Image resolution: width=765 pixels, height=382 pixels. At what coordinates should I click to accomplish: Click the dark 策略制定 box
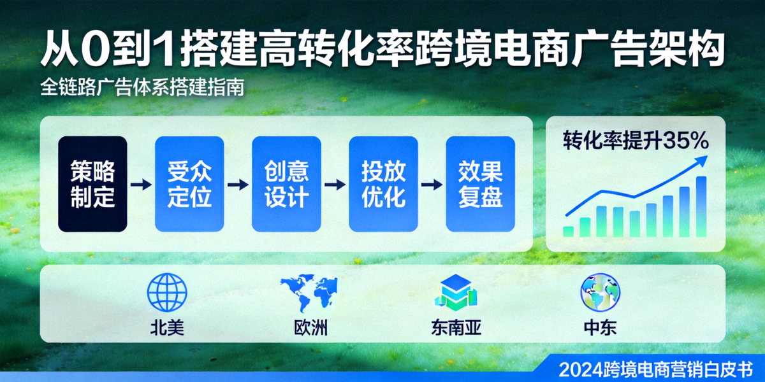tap(92, 184)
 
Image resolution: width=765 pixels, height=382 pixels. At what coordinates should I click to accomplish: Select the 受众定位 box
tap(189, 184)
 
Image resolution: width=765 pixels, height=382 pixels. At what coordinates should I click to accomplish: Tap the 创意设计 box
tap(286, 184)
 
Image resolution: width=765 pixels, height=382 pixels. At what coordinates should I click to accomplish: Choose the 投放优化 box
tap(383, 184)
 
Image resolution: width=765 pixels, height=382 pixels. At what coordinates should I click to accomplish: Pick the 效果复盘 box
tap(480, 184)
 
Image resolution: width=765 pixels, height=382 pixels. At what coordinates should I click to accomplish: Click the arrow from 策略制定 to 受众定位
tap(141, 185)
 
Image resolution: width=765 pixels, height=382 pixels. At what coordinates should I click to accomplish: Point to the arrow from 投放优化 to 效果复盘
tap(432, 185)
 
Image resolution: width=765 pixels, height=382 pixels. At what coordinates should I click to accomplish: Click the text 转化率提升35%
tap(635, 141)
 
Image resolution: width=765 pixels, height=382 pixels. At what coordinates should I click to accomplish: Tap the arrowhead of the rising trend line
tap(701, 160)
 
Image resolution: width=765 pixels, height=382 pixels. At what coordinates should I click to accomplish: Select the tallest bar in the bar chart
tap(701, 206)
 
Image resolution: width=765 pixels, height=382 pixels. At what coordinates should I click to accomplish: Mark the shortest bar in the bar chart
tap(568, 231)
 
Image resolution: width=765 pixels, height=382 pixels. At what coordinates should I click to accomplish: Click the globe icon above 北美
tap(167, 292)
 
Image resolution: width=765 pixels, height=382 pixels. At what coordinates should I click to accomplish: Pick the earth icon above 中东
tap(601, 292)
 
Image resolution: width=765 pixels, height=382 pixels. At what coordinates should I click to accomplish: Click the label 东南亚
tap(455, 328)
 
